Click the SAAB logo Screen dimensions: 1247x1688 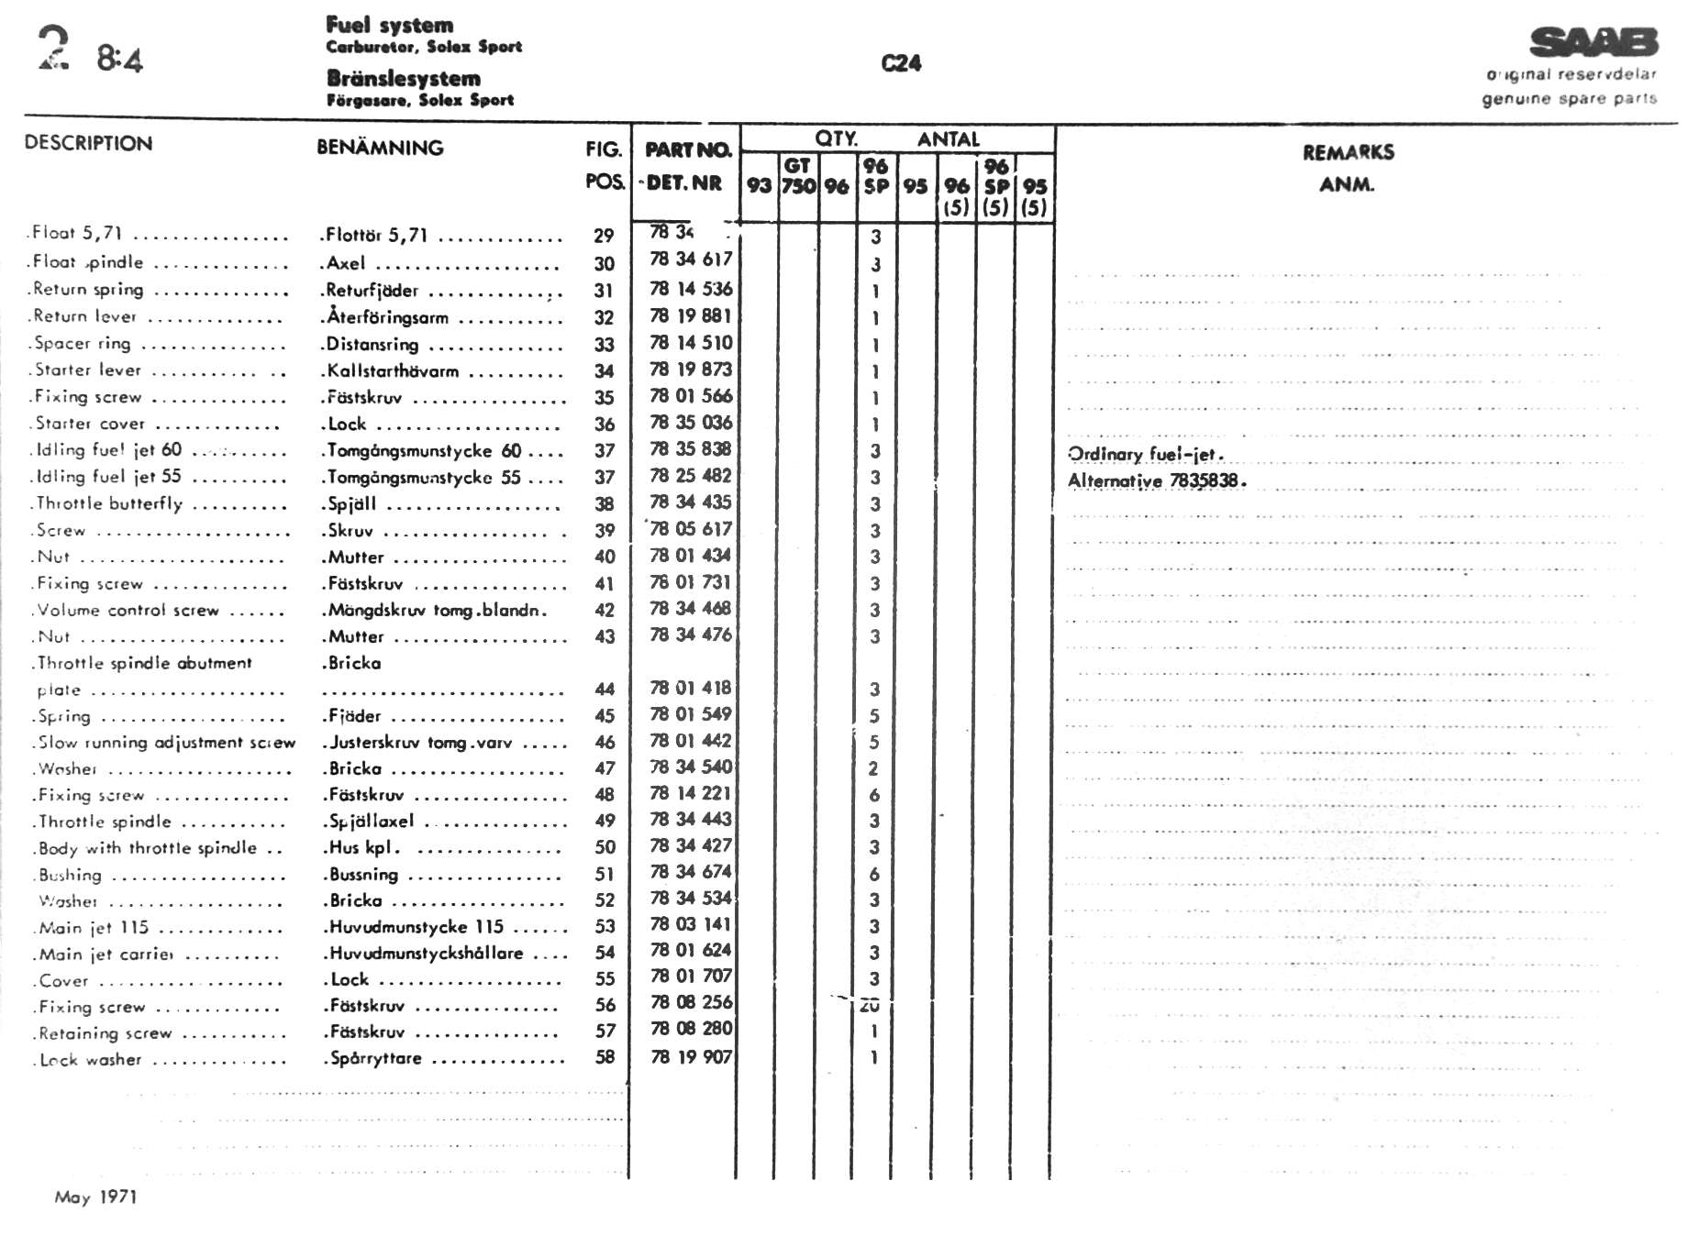click(x=1594, y=43)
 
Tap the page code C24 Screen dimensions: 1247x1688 click(x=901, y=63)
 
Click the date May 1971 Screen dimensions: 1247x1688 click(x=95, y=1197)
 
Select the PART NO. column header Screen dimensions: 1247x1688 click(x=688, y=149)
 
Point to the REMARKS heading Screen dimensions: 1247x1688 click(x=1348, y=152)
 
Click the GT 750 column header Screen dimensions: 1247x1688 click(x=797, y=175)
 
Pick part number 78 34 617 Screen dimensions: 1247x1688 click(x=691, y=259)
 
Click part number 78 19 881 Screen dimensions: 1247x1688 click(x=691, y=316)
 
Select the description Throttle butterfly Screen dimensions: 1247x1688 click(x=110, y=503)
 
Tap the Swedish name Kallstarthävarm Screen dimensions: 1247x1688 click(x=393, y=371)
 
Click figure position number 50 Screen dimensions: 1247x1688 click(x=605, y=847)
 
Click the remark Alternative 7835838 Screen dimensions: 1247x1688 click(x=1156, y=480)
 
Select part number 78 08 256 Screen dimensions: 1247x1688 click(x=691, y=1002)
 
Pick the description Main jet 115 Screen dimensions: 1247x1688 click(x=94, y=927)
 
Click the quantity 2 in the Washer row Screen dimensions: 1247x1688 click(x=873, y=768)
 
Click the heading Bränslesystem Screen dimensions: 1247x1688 click(x=403, y=79)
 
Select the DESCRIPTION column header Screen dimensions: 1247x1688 click(x=88, y=143)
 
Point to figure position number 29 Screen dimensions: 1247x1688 click(x=604, y=236)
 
